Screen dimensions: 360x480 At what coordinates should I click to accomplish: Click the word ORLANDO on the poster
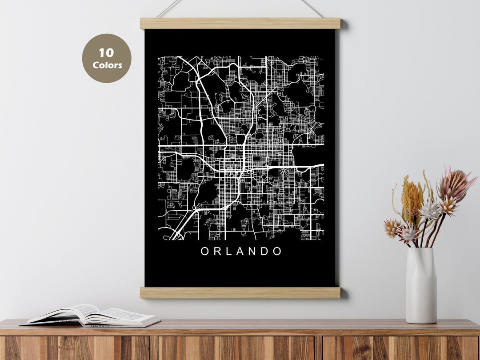point(241,251)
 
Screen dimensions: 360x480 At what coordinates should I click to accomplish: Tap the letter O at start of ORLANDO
point(205,251)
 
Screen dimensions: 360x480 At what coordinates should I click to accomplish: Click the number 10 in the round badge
point(106,53)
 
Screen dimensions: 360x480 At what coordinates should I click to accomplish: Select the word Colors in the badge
point(107,65)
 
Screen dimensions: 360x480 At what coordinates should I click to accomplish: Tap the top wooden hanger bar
point(240,23)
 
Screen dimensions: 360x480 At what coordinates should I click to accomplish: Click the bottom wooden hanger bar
point(240,292)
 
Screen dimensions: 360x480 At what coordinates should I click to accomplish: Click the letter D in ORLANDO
point(265,251)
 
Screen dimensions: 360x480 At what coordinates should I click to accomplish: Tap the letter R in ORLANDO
point(217,251)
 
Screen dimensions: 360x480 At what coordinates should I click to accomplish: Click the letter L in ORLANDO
point(228,251)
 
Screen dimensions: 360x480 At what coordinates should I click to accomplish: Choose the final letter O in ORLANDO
point(277,251)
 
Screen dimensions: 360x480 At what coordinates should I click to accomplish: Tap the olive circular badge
point(107,58)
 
